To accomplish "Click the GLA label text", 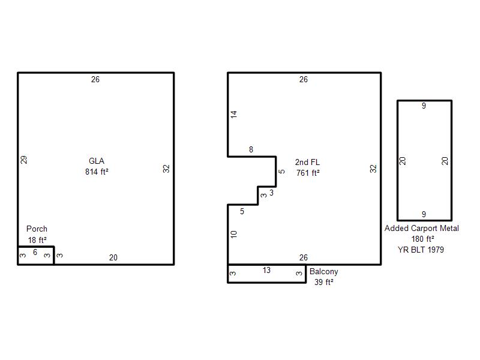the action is coord(97,161).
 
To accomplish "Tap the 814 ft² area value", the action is coord(97,172).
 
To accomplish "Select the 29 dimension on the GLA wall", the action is coord(24,160).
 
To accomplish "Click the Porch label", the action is coord(37,229).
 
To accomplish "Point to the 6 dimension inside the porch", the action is coord(35,252).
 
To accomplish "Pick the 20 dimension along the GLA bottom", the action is coord(113,258).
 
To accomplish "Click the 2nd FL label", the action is coord(307,162).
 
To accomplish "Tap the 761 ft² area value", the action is coord(308,173).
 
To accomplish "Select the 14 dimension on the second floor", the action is coord(234,115).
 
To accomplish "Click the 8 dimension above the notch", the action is coord(251,149).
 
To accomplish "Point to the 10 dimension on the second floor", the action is coord(234,235).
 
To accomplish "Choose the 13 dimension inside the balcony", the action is coord(266,271).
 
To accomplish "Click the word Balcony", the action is coord(324,272).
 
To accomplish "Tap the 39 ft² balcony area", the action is coord(324,282).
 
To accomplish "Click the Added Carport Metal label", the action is coord(422,229).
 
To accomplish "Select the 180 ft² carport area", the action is coord(422,239).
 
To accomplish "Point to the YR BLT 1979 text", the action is coord(421,250).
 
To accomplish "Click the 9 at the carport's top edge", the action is coord(424,106).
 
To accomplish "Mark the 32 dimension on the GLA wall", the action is coord(166,169).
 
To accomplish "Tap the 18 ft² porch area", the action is coord(37,241).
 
